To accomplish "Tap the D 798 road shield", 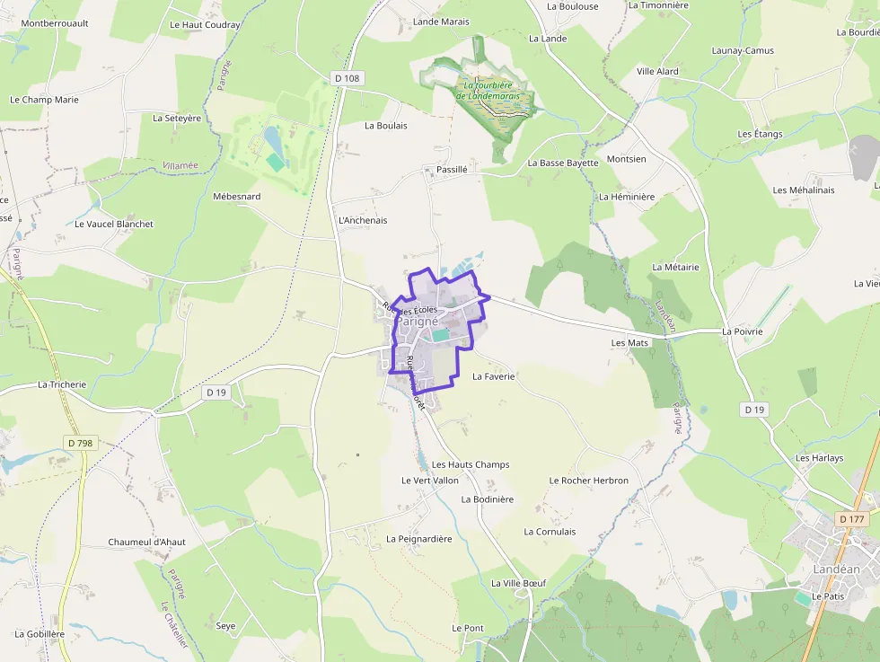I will coord(80,443).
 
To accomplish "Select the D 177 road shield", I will coord(852,519).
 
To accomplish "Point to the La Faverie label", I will coord(493,376).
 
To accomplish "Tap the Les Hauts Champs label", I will coord(471,464).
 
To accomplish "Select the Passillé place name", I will coord(452,169).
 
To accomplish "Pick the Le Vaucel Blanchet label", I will coord(114,224).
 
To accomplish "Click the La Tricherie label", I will coord(62,384).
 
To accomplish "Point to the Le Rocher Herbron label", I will coord(589,481).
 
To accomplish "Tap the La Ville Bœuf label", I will coord(518,583).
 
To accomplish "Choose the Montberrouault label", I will coord(54,23).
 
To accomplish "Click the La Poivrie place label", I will coord(742,331).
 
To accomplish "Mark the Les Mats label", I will coord(629,342).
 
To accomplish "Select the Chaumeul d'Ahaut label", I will coord(146,542).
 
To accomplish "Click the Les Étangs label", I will coord(760,134).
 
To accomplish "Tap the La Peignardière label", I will coord(419,538).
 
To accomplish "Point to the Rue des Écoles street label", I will coord(409,308).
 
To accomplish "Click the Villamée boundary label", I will coord(180,165).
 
